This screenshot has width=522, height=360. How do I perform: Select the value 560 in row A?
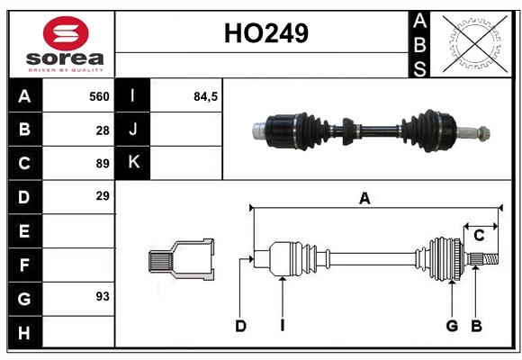click(x=99, y=96)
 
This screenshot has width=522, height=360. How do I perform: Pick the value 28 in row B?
click(x=103, y=130)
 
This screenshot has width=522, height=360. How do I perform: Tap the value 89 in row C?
click(x=103, y=164)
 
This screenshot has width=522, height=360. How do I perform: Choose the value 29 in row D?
click(x=103, y=196)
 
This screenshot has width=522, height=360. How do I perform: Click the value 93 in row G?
click(x=103, y=296)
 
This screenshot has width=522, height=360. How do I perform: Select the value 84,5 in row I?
click(x=206, y=96)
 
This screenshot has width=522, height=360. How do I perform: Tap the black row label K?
click(x=133, y=163)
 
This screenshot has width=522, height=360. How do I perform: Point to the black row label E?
click(x=24, y=230)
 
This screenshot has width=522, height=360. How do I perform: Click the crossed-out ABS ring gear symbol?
click(x=472, y=43)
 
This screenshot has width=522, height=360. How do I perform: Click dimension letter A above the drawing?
click(x=364, y=199)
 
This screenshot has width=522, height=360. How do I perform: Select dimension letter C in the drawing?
click(x=479, y=235)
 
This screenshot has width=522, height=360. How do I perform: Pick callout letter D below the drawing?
click(x=240, y=326)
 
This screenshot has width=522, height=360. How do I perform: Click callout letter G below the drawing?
click(x=452, y=326)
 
